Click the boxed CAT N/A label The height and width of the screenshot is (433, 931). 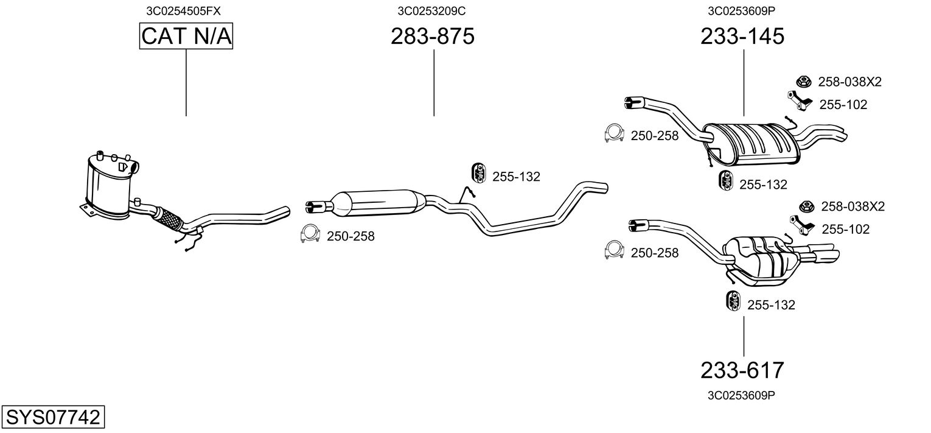(x=186, y=37)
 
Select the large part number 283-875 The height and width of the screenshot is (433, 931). (x=433, y=37)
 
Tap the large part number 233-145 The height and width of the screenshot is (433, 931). (x=742, y=37)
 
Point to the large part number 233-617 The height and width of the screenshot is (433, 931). (x=742, y=370)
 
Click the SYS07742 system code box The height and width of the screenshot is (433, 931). (x=52, y=418)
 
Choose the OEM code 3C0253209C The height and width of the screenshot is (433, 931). (x=432, y=10)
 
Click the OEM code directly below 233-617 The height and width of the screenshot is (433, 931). (x=741, y=395)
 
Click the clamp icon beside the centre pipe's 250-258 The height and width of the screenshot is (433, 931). (x=310, y=234)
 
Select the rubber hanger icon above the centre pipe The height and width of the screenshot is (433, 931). (x=478, y=173)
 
